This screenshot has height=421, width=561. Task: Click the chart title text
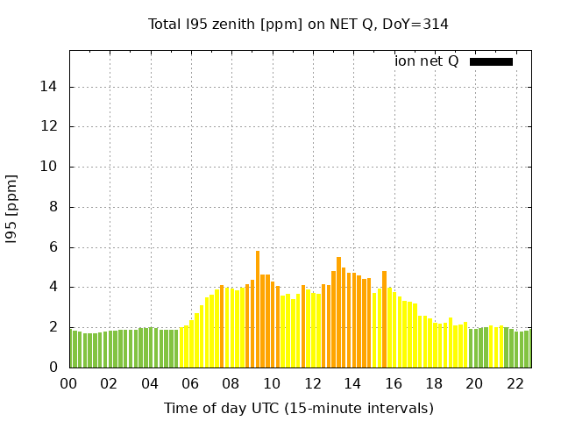coord(298,24)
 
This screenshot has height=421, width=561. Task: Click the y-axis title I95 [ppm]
coord(12,208)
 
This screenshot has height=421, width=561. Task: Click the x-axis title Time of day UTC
coord(298,408)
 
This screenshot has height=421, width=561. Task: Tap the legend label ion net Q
coord(427,61)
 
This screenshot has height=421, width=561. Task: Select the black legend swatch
coord(491,61)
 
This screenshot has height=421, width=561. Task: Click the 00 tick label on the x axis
coord(68,383)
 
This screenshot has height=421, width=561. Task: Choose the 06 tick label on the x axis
coord(190,383)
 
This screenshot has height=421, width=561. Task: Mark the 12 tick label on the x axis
coord(312,383)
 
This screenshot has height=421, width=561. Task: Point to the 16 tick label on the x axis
coord(393,383)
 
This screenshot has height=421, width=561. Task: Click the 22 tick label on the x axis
coord(515,383)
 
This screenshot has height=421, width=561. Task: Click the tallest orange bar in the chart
coord(258,307)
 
